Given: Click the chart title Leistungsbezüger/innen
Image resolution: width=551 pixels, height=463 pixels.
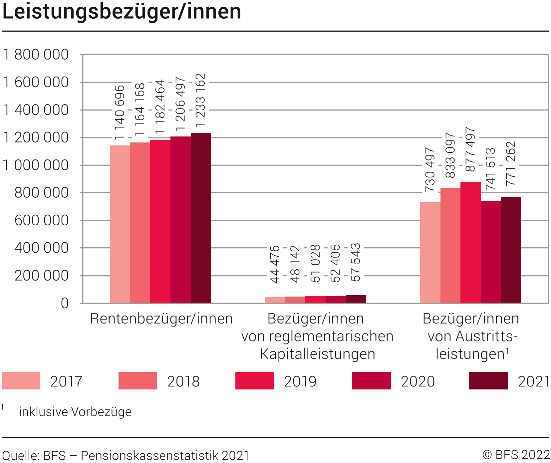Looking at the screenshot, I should (x=122, y=12).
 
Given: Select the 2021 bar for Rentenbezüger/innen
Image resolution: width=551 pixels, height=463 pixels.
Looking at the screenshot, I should (x=201, y=218).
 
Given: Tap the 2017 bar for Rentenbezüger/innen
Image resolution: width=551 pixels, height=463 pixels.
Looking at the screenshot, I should (x=120, y=224).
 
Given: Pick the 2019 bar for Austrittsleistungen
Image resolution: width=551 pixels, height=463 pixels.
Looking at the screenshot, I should (x=470, y=242).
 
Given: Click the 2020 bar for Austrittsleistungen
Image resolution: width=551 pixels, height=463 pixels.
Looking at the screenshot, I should (x=491, y=252).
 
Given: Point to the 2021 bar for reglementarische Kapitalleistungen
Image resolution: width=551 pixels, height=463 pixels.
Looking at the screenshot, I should (x=356, y=299).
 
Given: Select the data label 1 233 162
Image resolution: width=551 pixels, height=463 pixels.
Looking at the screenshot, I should (x=200, y=100).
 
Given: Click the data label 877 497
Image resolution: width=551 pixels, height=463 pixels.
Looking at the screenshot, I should (x=470, y=149).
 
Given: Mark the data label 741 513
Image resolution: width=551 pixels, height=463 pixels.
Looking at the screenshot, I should (x=490, y=169).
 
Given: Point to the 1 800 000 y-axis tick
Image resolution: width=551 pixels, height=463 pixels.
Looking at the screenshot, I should (x=36, y=55).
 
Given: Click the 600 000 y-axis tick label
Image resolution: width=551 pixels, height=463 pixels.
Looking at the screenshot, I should (x=42, y=220).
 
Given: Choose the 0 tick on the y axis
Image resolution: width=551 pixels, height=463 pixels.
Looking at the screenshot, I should (x=65, y=303).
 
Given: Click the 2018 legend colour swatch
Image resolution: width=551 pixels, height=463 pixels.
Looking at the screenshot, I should (x=138, y=381).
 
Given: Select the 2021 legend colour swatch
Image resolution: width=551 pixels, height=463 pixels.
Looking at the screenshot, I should (x=488, y=381).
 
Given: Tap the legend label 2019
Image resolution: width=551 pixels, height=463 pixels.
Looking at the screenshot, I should (x=300, y=381).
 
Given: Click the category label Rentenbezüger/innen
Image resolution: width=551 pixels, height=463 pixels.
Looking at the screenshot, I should (x=161, y=319).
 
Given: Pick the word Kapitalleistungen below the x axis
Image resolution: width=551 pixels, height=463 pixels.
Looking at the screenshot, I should (x=317, y=354).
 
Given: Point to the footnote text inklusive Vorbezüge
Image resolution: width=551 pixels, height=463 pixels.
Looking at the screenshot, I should (x=75, y=412).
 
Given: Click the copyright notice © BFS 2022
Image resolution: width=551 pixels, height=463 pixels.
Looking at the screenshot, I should (x=516, y=455).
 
